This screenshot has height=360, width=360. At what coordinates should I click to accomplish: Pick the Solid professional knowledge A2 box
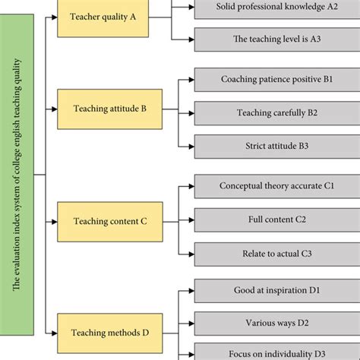coord(276,7)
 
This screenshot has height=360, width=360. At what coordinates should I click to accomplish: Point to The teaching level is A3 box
coord(276,39)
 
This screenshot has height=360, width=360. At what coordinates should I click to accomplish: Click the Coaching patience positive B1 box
coord(276,79)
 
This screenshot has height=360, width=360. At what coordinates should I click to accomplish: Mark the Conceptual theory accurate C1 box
coord(276,185)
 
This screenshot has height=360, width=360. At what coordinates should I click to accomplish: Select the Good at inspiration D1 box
coord(276,290)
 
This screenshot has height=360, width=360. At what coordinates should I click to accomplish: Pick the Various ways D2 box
coord(276,322)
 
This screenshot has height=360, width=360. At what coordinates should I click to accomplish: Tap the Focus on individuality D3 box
coord(276,352)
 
